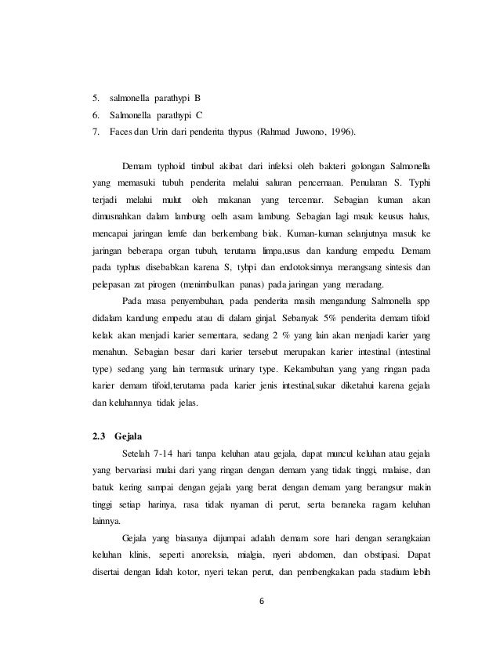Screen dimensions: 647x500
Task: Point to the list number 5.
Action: pyautogui.click(x=96, y=99)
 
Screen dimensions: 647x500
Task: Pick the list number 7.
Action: pyautogui.click(x=96, y=133)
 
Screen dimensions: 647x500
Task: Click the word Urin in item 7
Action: pyautogui.click(x=150, y=133)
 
